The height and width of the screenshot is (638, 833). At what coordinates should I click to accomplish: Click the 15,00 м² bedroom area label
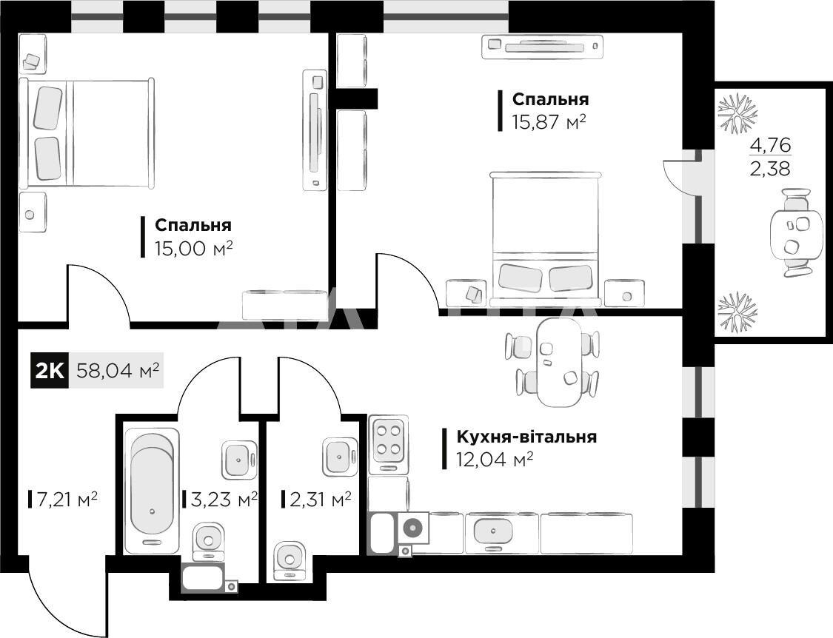(194, 248)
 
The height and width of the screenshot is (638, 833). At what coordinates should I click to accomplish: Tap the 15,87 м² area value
(549, 122)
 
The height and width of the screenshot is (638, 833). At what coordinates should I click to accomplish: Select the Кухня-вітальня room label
(526, 437)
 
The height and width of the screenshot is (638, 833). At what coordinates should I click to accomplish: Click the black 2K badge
(50, 370)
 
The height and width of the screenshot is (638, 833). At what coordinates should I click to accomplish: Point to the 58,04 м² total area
(118, 370)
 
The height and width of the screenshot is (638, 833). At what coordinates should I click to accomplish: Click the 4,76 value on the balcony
(770, 144)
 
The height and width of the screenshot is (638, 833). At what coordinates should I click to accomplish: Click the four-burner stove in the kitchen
(388, 444)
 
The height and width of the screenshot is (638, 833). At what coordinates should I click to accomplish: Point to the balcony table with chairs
(792, 232)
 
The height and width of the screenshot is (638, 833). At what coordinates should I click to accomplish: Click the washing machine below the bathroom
(203, 579)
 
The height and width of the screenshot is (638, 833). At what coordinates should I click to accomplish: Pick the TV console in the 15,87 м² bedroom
(543, 47)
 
